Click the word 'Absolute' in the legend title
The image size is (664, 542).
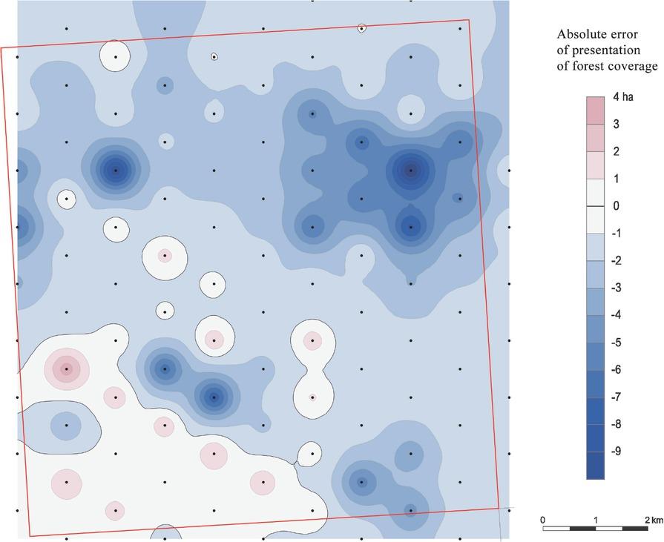(583, 35)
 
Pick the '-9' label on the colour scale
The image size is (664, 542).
(617, 451)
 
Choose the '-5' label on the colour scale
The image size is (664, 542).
(617, 342)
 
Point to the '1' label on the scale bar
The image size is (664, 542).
(596, 518)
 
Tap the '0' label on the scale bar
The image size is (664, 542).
(543, 518)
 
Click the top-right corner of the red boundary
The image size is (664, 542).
(469, 20)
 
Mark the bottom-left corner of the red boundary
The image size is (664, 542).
(30, 535)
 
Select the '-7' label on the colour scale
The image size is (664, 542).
(617, 397)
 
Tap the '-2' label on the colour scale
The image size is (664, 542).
(617, 260)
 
